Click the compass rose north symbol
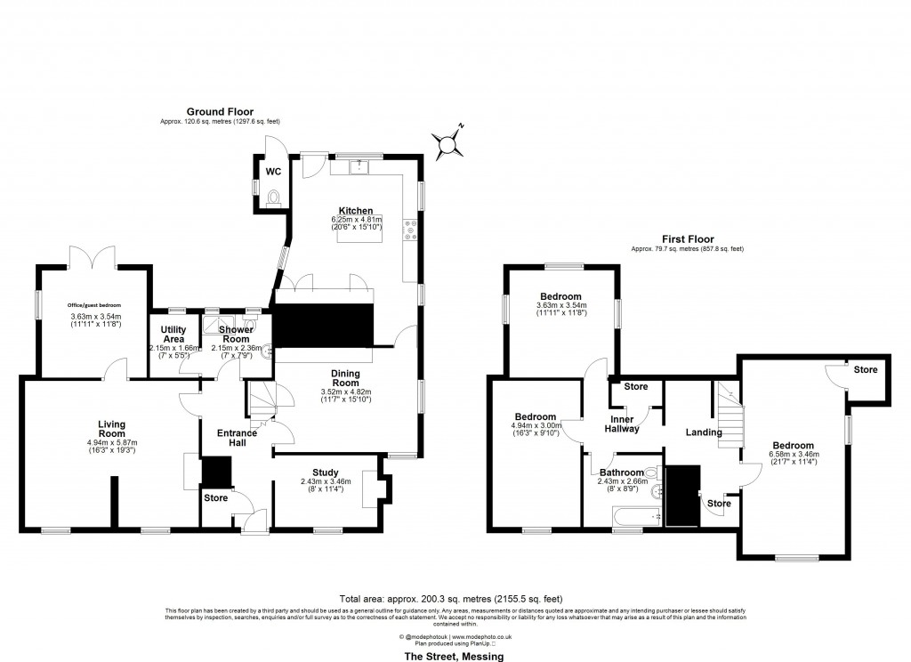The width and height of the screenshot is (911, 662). point(451,141)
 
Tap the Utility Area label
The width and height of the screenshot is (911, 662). point(167,334)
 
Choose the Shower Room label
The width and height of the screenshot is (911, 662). point(236,334)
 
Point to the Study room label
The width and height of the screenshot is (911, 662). point(326,472)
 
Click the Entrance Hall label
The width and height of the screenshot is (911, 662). point(238,437)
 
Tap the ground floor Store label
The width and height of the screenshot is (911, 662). point(215,497)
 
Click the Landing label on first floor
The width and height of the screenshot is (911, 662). point(703,432)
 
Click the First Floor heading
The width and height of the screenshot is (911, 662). point(686,239)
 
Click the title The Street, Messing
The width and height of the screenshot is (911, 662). point(455,656)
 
